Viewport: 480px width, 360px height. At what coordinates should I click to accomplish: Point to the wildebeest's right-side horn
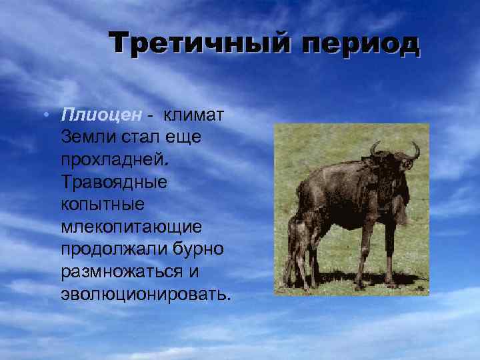tap(415, 150)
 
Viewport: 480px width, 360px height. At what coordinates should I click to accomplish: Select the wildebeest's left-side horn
tap(376, 148)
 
